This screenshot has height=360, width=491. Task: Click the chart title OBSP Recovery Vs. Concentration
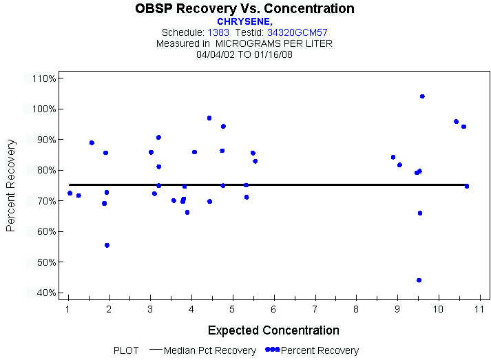245,9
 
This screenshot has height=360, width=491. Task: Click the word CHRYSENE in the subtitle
244,21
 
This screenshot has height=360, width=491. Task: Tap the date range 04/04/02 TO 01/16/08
244,54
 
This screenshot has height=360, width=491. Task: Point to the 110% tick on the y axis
43,78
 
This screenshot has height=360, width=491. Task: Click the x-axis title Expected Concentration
273,330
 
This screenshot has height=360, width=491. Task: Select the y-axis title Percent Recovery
11,185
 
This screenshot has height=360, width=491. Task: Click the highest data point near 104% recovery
422,96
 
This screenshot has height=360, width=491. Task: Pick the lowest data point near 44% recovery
419,280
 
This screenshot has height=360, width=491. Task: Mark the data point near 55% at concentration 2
107,245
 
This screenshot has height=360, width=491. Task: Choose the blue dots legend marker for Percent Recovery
272,350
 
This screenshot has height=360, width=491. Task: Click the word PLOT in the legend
126,350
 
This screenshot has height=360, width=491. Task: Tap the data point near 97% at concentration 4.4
209,118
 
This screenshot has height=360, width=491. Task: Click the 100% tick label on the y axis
43,109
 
